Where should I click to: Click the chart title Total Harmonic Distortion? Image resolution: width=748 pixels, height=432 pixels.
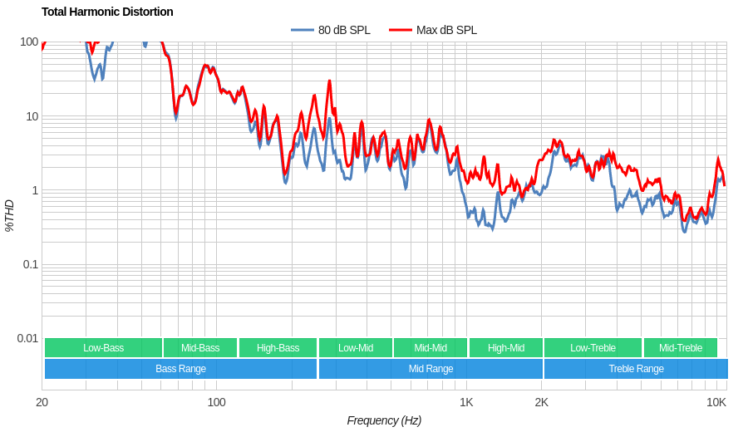pos(107,12)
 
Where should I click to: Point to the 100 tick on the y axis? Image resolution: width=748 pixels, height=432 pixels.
pos(29,42)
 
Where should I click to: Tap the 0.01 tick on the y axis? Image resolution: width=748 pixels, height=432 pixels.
pos(27,338)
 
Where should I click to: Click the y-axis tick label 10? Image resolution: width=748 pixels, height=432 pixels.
pos(32,116)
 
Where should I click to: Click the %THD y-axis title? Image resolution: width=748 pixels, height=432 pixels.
pos(9,215)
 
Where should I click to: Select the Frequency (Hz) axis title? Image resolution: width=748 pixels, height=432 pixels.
pos(384,420)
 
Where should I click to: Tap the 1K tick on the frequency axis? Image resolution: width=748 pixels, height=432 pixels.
pos(466,402)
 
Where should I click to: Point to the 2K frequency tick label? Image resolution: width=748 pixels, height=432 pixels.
pos(541,402)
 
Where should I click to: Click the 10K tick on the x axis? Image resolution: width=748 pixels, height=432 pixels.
pos(716,402)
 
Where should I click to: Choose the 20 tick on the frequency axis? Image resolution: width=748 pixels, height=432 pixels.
pos(42,402)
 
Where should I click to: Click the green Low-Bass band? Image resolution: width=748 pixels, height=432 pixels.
pos(103,348)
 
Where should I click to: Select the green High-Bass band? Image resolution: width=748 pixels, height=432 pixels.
pos(278,348)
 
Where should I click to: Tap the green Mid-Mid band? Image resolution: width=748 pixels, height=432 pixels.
pos(431,348)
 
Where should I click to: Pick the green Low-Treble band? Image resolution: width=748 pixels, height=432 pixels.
pos(593,348)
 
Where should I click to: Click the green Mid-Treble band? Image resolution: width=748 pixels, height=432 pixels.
pos(680,348)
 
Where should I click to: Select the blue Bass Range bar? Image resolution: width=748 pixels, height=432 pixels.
pos(180,369)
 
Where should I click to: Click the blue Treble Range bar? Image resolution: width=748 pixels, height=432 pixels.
pos(636,369)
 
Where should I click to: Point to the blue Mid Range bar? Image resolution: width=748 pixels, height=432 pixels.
pos(431,369)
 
